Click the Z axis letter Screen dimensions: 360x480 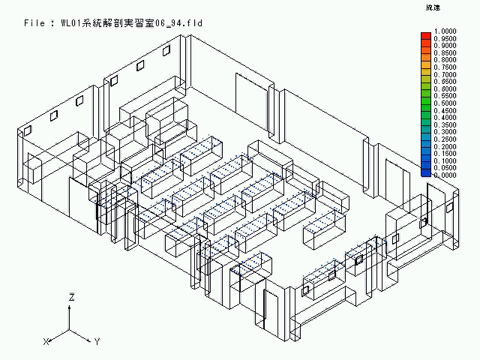(70, 298)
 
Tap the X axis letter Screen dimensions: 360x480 (46, 341)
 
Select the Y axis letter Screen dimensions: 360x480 (97, 341)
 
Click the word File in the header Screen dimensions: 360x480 (37, 23)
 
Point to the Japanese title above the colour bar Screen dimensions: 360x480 (433, 7)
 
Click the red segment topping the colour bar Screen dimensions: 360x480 (426, 33)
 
